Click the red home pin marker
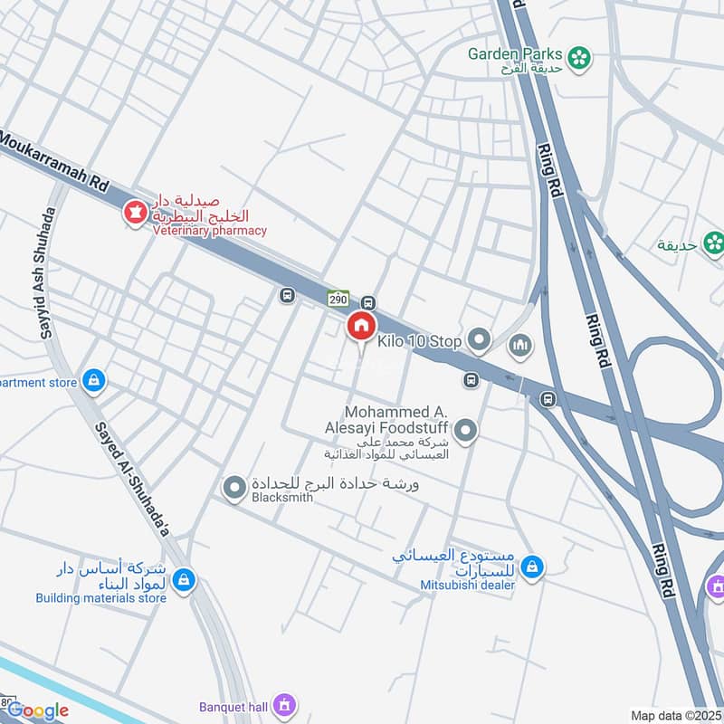[x=361, y=327]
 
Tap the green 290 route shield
[x=338, y=298]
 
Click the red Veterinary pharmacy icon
[x=136, y=214]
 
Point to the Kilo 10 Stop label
[x=420, y=341]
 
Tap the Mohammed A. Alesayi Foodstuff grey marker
[x=465, y=431]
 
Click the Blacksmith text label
[x=282, y=498]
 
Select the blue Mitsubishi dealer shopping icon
[x=533, y=567]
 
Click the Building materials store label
[x=101, y=597]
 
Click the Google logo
[x=38, y=710]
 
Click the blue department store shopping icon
[x=92, y=382]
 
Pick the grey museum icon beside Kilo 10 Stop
[x=520, y=344]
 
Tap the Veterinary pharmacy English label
[x=209, y=230]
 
